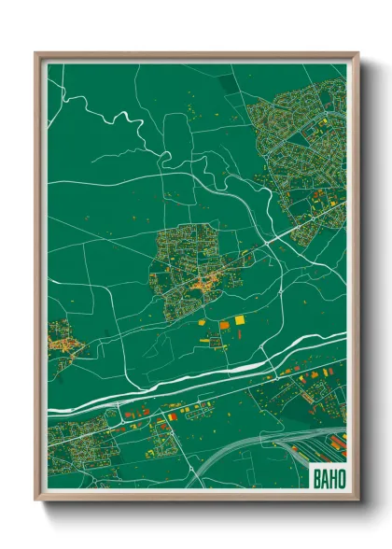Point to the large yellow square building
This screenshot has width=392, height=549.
[x=239, y=320]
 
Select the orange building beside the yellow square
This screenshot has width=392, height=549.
[x=224, y=324]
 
